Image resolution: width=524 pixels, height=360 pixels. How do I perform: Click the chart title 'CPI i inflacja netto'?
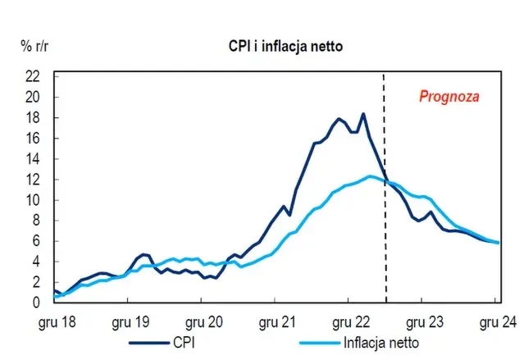click(x=285, y=46)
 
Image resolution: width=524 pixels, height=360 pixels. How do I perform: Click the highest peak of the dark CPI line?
click(x=362, y=114)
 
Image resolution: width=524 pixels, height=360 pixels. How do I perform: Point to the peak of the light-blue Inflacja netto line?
click(x=371, y=176)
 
